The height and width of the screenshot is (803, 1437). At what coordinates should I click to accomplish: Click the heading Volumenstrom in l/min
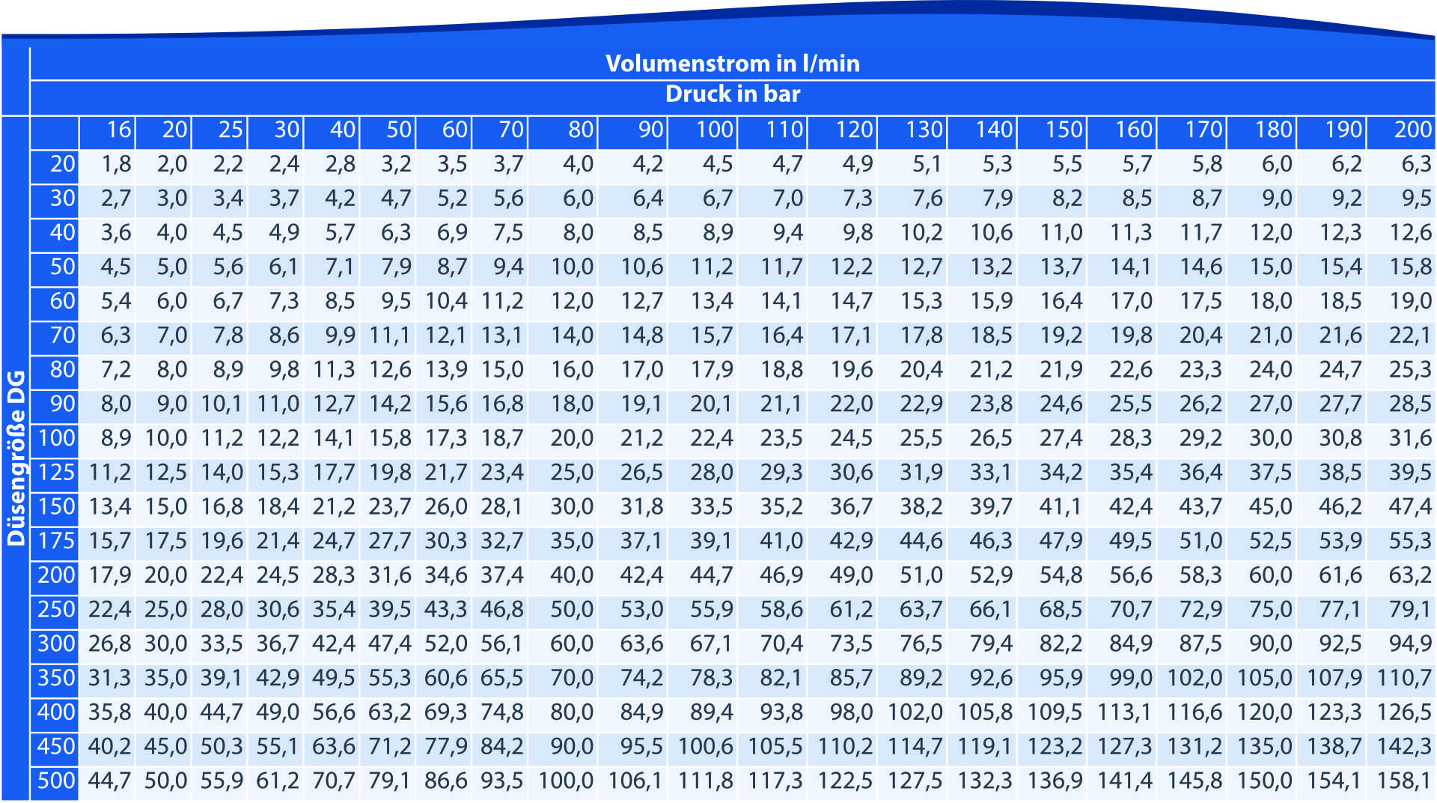point(732,63)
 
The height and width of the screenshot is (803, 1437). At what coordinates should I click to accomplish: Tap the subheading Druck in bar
point(732,94)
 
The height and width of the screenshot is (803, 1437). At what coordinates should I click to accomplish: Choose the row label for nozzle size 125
point(56,473)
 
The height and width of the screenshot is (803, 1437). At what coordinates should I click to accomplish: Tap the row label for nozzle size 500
point(56,781)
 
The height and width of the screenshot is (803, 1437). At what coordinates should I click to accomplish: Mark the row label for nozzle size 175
point(56,541)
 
